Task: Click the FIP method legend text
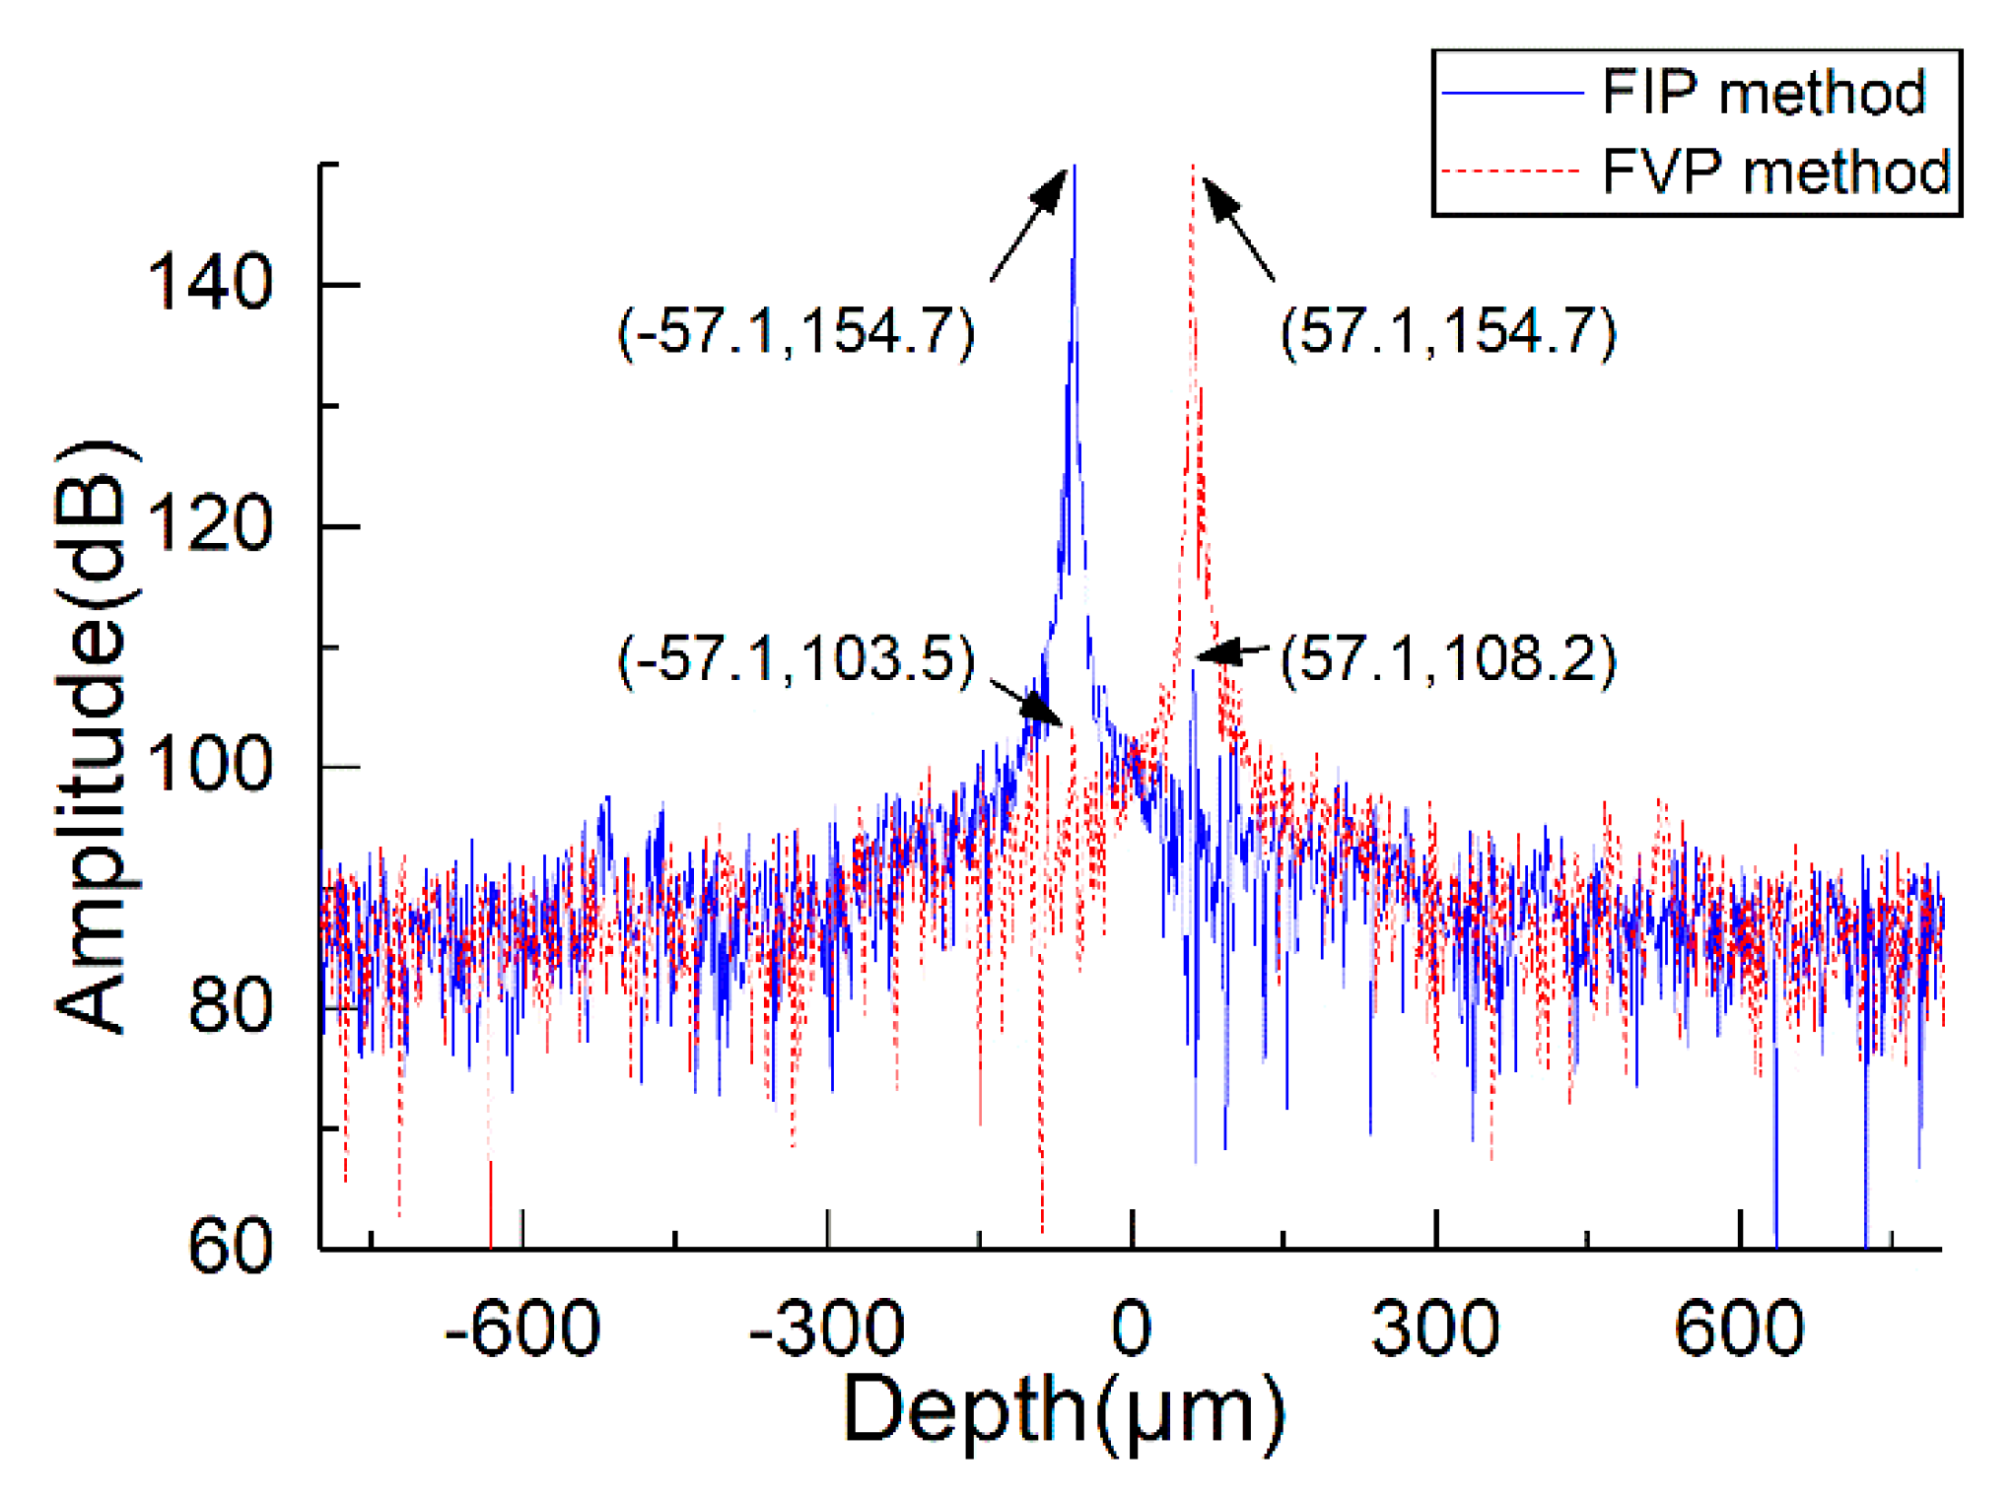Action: [1763, 94]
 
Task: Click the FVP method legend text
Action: [1775, 171]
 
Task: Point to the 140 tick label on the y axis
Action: [209, 284]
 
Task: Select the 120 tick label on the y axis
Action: [209, 525]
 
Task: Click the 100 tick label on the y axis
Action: [209, 766]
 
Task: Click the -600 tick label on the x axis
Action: [521, 1330]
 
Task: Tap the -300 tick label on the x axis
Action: [826, 1330]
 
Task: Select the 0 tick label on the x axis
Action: [1131, 1330]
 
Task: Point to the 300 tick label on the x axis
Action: [1435, 1330]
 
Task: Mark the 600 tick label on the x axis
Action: [1739, 1330]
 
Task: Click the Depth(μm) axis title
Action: [1065, 1412]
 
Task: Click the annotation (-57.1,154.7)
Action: [796, 331]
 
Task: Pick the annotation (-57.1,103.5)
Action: [796, 659]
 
